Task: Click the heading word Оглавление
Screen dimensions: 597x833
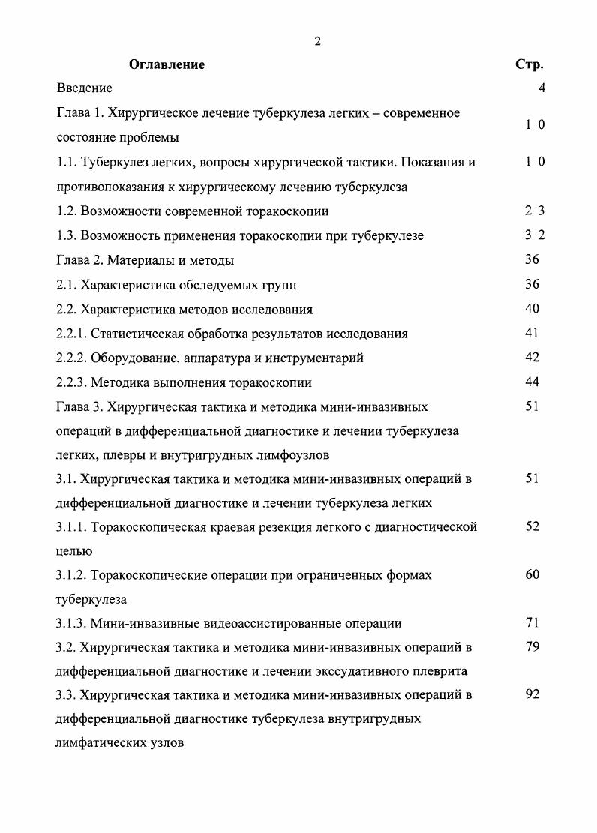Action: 166,65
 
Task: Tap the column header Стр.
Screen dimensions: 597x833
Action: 529,65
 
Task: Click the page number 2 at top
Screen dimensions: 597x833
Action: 318,41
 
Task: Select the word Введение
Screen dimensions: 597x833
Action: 85,89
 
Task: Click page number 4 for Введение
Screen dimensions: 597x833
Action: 541,89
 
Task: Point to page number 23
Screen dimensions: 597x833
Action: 534,211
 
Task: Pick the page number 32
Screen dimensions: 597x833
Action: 534,235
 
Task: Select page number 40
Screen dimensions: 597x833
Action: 532,309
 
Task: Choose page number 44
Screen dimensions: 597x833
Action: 532,382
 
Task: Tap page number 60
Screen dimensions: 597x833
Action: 532,575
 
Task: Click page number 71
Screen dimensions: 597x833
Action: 532,623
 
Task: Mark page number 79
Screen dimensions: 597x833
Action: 532,647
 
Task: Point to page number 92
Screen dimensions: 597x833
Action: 532,695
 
